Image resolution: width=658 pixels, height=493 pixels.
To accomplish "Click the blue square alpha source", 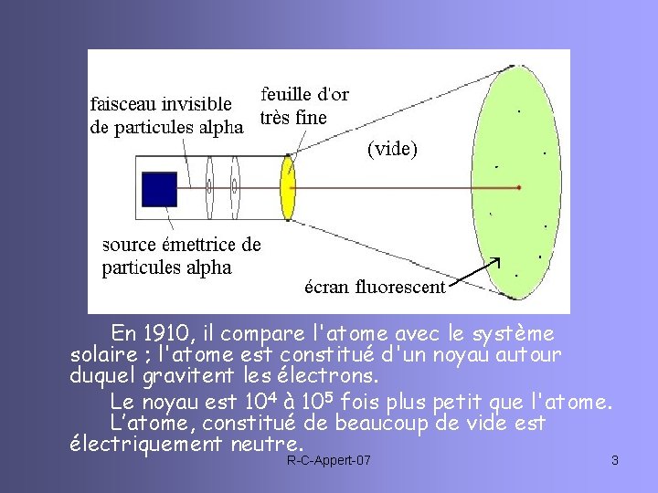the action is pyautogui.click(x=160, y=189).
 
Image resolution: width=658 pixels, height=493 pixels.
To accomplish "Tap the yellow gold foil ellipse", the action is pyautogui.click(x=289, y=189).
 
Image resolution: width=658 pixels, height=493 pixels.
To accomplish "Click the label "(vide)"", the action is pyautogui.click(x=392, y=149).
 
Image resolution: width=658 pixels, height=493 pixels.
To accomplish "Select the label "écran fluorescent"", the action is pyautogui.click(x=375, y=288).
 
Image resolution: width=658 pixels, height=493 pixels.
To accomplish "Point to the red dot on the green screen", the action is pyautogui.click(x=518, y=187).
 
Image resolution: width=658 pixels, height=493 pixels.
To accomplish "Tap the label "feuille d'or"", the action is pyautogui.click(x=304, y=94).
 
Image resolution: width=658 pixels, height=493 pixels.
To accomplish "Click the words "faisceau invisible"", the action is pyautogui.click(x=160, y=103).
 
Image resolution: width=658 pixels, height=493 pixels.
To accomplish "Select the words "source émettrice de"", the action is pyautogui.click(x=181, y=245).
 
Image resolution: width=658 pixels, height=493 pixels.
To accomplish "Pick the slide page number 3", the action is pyautogui.click(x=615, y=460).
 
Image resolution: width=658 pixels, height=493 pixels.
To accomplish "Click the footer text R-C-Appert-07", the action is pyautogui.click(x=329, y=460).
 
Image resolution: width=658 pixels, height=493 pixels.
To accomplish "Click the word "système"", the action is pyautogui.click(x=508, y=331).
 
